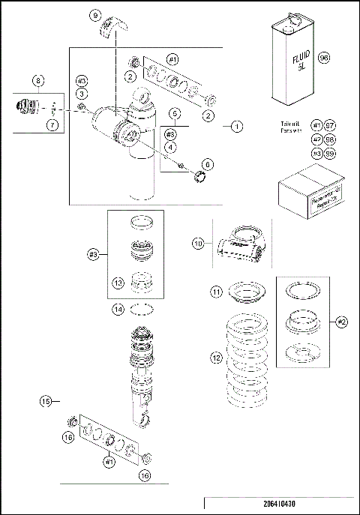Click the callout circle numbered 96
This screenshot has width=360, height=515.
(324, 58)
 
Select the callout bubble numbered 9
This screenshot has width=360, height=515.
(94, 15)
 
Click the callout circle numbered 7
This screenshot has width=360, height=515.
(52, 124)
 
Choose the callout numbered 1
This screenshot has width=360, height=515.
(236, 127)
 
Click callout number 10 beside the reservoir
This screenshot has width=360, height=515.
(198, 243)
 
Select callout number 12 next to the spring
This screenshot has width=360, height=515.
(216, 359)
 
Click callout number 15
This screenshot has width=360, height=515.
(46, 402)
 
